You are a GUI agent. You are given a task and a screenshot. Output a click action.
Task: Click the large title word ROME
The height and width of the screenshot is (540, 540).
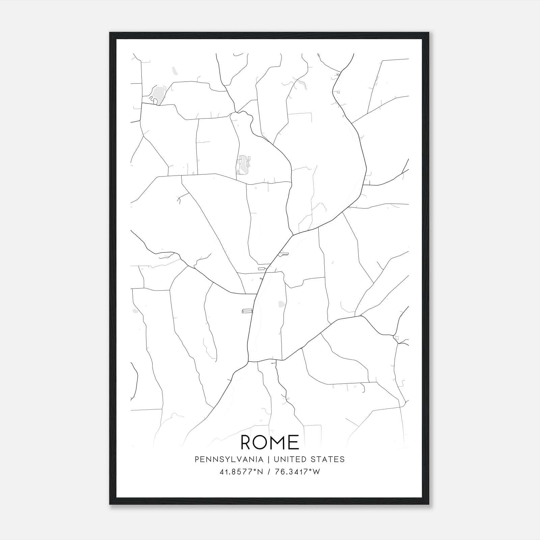point(270,442)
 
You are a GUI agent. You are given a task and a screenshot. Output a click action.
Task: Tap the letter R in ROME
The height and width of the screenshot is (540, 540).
point(247,442)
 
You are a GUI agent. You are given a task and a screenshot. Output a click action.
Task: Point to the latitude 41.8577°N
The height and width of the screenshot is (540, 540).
point(241,472)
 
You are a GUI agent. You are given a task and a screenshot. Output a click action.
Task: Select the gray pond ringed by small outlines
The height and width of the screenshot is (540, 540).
point(243,165)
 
